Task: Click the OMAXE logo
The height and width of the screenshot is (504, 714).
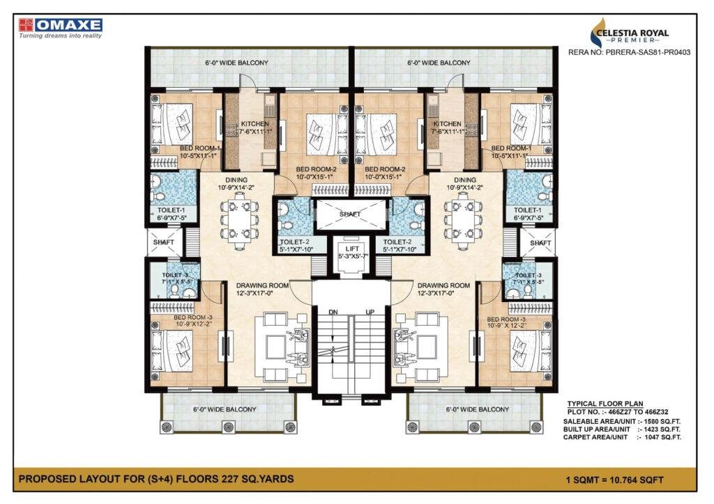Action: pyautogui.click(x=61, y=28)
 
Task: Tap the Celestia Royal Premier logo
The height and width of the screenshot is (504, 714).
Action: pyautogui.click(x=630, y=33)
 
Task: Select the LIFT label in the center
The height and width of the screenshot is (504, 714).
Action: pyautogui.click(x=352, y=249)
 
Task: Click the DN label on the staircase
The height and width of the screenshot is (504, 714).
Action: pyautogui.click(x=333, y=312)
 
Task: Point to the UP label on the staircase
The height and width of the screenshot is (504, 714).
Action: pyautogui.click(x=370, y=312)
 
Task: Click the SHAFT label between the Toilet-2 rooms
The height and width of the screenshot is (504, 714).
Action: pyautogui.click(x=350, y=214)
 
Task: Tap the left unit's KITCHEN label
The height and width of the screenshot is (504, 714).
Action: pyautogui.click(x=255, y=124)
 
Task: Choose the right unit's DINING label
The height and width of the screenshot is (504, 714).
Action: pyautogui.click(x=464, y=180)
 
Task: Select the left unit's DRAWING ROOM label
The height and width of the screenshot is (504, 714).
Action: pyautogui.click(x=262, y=285)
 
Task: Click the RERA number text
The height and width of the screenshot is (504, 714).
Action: pyautogui.click(x=629, y=52)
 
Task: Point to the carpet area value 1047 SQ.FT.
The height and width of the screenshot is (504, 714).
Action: pyautogui.click(x=662, y=437)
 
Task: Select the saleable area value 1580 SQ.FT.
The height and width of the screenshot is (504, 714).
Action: pyautogui.click(x=662, y=422)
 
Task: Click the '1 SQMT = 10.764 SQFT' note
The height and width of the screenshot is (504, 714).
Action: pyautogui.click(x=614, y=480)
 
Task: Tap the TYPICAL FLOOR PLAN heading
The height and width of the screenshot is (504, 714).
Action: pyautogui.click(x=605, y=404)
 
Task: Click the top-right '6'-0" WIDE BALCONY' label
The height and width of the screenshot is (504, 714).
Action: pyautogui.click(x=439, y=63)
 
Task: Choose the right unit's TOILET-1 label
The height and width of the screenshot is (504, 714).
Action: pyautogui.click(x=527, y=210)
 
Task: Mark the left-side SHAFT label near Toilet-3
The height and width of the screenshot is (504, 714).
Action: pyautogui.click(x=163, y=242)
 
